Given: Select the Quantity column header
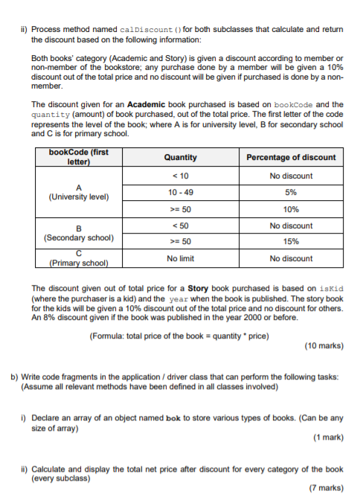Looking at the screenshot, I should pos(181,157).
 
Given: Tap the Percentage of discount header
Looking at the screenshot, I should pos(291,157).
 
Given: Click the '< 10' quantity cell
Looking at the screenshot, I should pos(181,176).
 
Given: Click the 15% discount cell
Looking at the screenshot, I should pos(291,241).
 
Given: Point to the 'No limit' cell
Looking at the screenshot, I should pos(181,258).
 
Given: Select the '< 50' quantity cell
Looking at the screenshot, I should pos(181,225).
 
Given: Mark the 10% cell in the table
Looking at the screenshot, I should pos(291,209).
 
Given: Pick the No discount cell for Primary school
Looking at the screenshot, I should pos(291,258).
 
